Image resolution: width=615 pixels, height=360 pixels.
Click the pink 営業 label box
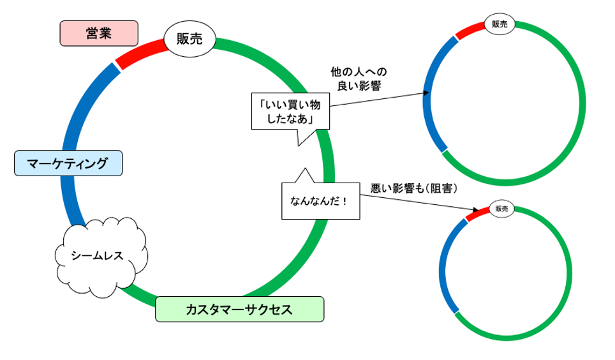pyautogui.click(x=99, y=33)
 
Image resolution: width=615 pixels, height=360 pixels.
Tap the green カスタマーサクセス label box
pyautogui.click(x=239, y=310)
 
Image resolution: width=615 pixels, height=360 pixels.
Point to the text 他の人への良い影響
pyautogui.click(x=359, y=79)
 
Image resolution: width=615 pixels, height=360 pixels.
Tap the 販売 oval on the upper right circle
pyautogui.click(x=500, y=24)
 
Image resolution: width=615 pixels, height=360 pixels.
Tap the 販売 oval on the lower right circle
pyautogui.click(x=501, y=209)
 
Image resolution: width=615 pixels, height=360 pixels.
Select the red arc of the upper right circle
pyautogui.click(x=471, y=31)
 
